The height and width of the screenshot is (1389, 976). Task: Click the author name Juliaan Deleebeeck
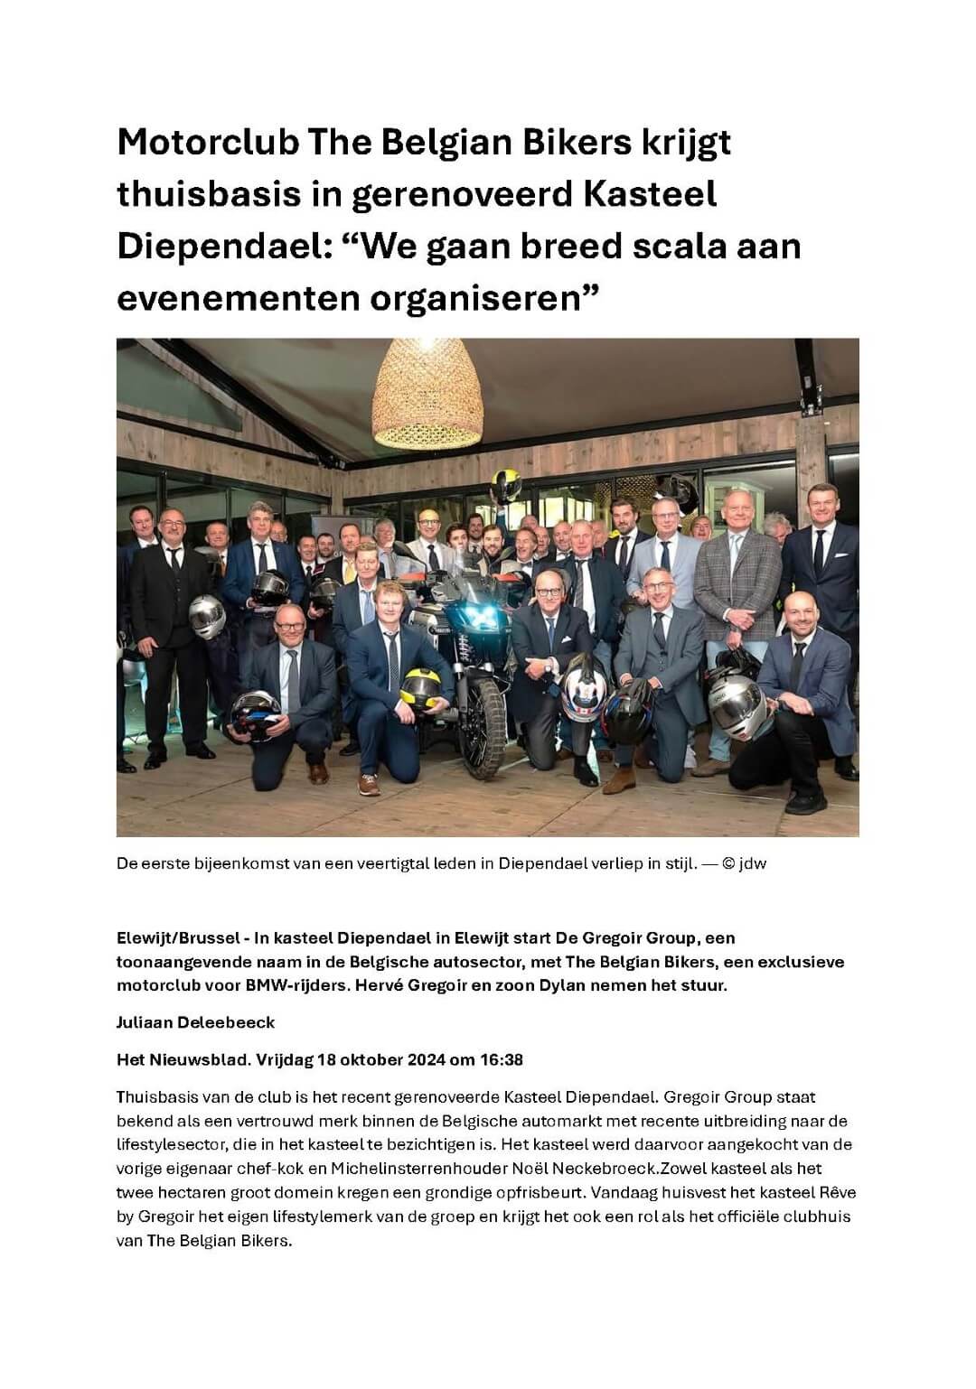[195, 1022]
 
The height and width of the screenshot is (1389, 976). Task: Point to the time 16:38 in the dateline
[503, 1059]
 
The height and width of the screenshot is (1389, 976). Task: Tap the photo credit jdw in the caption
[753, 864]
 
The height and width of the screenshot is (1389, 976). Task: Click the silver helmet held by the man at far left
[207, 619]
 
